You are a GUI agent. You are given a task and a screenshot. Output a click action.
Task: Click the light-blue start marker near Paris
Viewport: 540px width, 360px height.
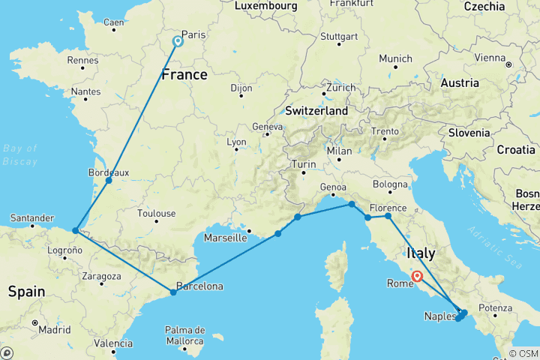(x=178, y=42)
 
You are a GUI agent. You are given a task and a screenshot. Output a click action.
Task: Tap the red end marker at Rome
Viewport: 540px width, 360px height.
(x=417, y=276)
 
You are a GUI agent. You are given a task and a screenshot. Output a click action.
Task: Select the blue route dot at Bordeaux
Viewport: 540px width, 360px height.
(x=109, y=180)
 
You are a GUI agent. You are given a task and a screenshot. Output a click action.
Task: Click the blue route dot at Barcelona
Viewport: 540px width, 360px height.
(x=173, y=292)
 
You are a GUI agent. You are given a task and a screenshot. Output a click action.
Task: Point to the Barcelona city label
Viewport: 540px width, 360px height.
(x=199, y=286)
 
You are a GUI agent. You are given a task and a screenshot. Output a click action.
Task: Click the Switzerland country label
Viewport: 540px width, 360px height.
(x=316, y=111)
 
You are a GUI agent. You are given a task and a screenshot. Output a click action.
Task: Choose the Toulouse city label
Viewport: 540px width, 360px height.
(x=157, y=214)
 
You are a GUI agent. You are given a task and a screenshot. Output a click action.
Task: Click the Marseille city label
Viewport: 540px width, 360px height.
(x=226, y=238)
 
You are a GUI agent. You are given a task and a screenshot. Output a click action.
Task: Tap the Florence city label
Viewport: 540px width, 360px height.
(x=388, y=208)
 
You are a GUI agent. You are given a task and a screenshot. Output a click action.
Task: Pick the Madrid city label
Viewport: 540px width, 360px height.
(x=55, y=330)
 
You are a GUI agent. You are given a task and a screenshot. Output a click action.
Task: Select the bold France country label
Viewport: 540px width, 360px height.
(x=184, y=75)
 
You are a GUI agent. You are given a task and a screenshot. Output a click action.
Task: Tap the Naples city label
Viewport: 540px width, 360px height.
(x=439, y=316)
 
